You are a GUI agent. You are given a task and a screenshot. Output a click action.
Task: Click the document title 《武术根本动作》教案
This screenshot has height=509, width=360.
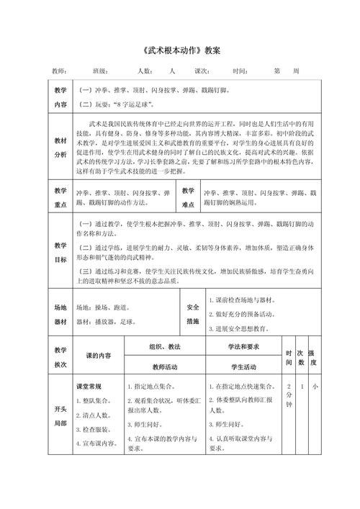pyautogui.click(x=179, y=52)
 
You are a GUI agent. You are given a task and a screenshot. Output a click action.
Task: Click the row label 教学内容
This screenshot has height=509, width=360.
pyautogui.click(x=60, y=97)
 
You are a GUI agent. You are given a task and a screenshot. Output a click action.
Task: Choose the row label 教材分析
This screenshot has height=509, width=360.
pyautogui.click(x=60, y=148)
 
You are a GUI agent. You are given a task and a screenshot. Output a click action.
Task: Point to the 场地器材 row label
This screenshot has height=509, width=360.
pyautogui.click(x=60, y=314)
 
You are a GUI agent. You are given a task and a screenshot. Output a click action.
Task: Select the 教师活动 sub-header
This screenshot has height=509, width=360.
pyautogui.click(x=165, y=366)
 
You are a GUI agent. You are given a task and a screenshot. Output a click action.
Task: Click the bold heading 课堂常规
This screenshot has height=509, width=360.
pyautogui.click(x=93, y=387)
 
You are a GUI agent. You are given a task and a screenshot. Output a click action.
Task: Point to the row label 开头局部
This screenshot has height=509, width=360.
pyautogui.click(x=60, y=416)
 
